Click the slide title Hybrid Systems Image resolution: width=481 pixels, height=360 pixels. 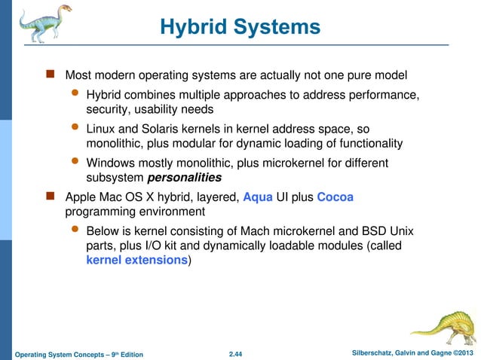[240, 28]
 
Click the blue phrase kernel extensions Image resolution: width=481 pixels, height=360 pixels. [136, 260]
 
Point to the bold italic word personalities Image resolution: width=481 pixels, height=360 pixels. [185, 178]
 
